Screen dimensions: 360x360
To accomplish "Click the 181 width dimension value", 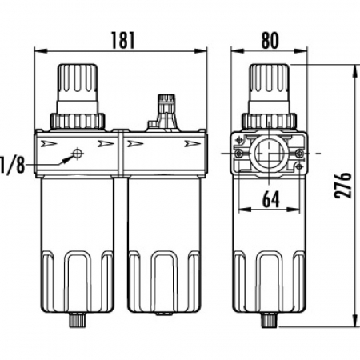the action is [122, 40].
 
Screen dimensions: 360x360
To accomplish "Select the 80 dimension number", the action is [270, 40].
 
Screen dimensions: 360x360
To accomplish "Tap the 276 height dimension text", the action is [343, 185].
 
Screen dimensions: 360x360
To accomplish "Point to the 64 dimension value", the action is [271, 199].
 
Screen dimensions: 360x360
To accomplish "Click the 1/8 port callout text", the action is [12, 165].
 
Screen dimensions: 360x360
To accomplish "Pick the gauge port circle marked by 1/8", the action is [78, 154].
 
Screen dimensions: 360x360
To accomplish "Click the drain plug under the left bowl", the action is [78, 320].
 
